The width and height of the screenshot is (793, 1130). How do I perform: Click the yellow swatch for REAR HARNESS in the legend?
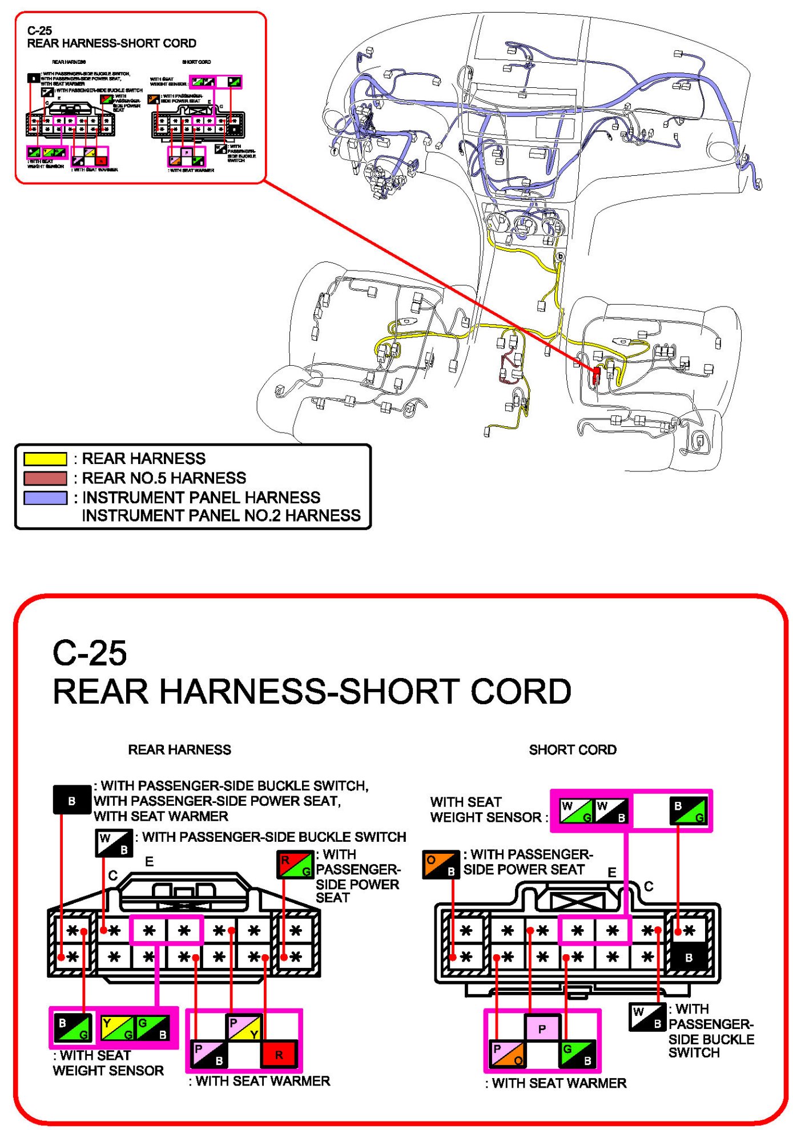(45, 459)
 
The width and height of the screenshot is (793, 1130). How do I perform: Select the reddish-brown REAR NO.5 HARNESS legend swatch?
(45, 478)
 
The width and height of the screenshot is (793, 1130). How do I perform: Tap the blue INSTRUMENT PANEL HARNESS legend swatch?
(45, 498)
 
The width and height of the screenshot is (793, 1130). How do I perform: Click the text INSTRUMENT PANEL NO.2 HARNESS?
(221, 516)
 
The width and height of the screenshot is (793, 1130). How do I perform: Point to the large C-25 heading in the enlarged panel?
(90, 653)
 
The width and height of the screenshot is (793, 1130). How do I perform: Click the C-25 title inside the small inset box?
(39, 31)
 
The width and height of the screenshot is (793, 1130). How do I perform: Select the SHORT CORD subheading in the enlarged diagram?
(572, 750)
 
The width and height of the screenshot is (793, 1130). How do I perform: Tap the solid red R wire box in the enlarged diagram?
(279, 1054)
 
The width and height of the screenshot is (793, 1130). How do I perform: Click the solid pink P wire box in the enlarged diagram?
(542, 1029)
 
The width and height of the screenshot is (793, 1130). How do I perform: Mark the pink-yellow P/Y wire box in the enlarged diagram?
(244, 1027)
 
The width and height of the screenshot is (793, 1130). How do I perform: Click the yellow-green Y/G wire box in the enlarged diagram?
(117, 1028)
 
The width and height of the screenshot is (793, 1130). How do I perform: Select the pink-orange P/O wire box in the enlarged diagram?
(507, 1054)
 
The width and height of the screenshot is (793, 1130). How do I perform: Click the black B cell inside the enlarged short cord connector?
(689, 958)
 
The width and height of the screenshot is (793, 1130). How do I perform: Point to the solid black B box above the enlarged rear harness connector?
(71, 800)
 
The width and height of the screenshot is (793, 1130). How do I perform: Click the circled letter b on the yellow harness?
(560, 256)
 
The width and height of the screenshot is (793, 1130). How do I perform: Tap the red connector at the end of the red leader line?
(597, 374)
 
